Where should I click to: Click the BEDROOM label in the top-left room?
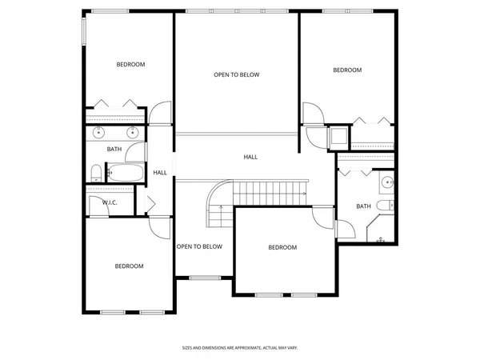130,65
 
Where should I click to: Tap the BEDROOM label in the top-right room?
347,70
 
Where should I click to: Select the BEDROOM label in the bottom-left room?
129,266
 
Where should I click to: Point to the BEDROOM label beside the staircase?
282,248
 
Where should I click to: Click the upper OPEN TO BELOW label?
237,75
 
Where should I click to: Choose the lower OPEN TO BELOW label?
199,246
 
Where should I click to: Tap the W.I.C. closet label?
110,202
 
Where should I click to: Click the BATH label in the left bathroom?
114,149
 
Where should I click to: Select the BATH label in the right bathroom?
363,206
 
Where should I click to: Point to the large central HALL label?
250,158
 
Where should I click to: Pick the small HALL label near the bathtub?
160,173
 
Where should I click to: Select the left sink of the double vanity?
99,133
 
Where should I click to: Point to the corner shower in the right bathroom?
378,234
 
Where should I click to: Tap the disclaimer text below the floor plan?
239,348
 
